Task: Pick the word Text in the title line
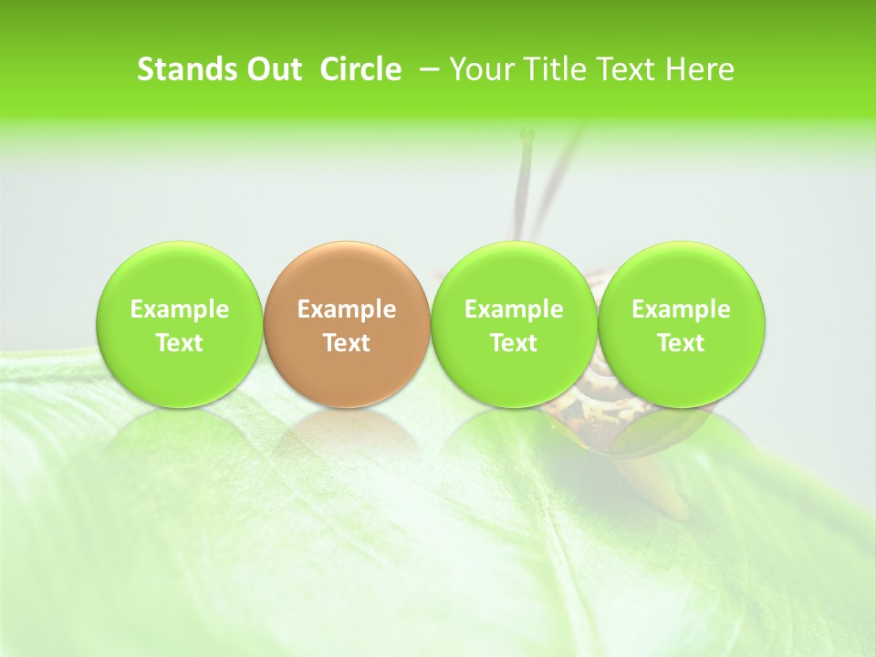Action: (x=619, y=69)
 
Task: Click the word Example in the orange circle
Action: (x=346, y=309)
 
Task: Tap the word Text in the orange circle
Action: (x=346, y=343)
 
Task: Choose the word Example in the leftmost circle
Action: (x=179, y=309)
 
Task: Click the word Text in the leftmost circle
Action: (x=179, y=343)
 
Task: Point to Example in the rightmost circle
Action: (x=681, y=309)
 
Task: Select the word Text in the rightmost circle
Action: (x=681, y=343)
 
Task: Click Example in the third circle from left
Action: (x=514, y=309)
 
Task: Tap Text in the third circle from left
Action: (x=514, y=343)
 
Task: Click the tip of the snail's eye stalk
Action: (x=527, y=135)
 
